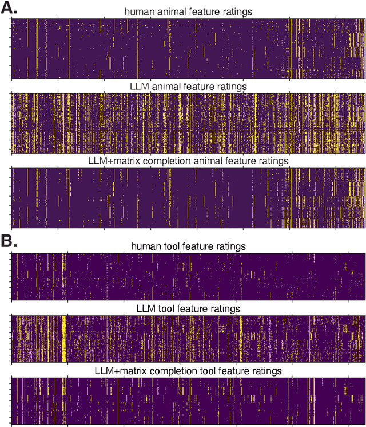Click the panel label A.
10,8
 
